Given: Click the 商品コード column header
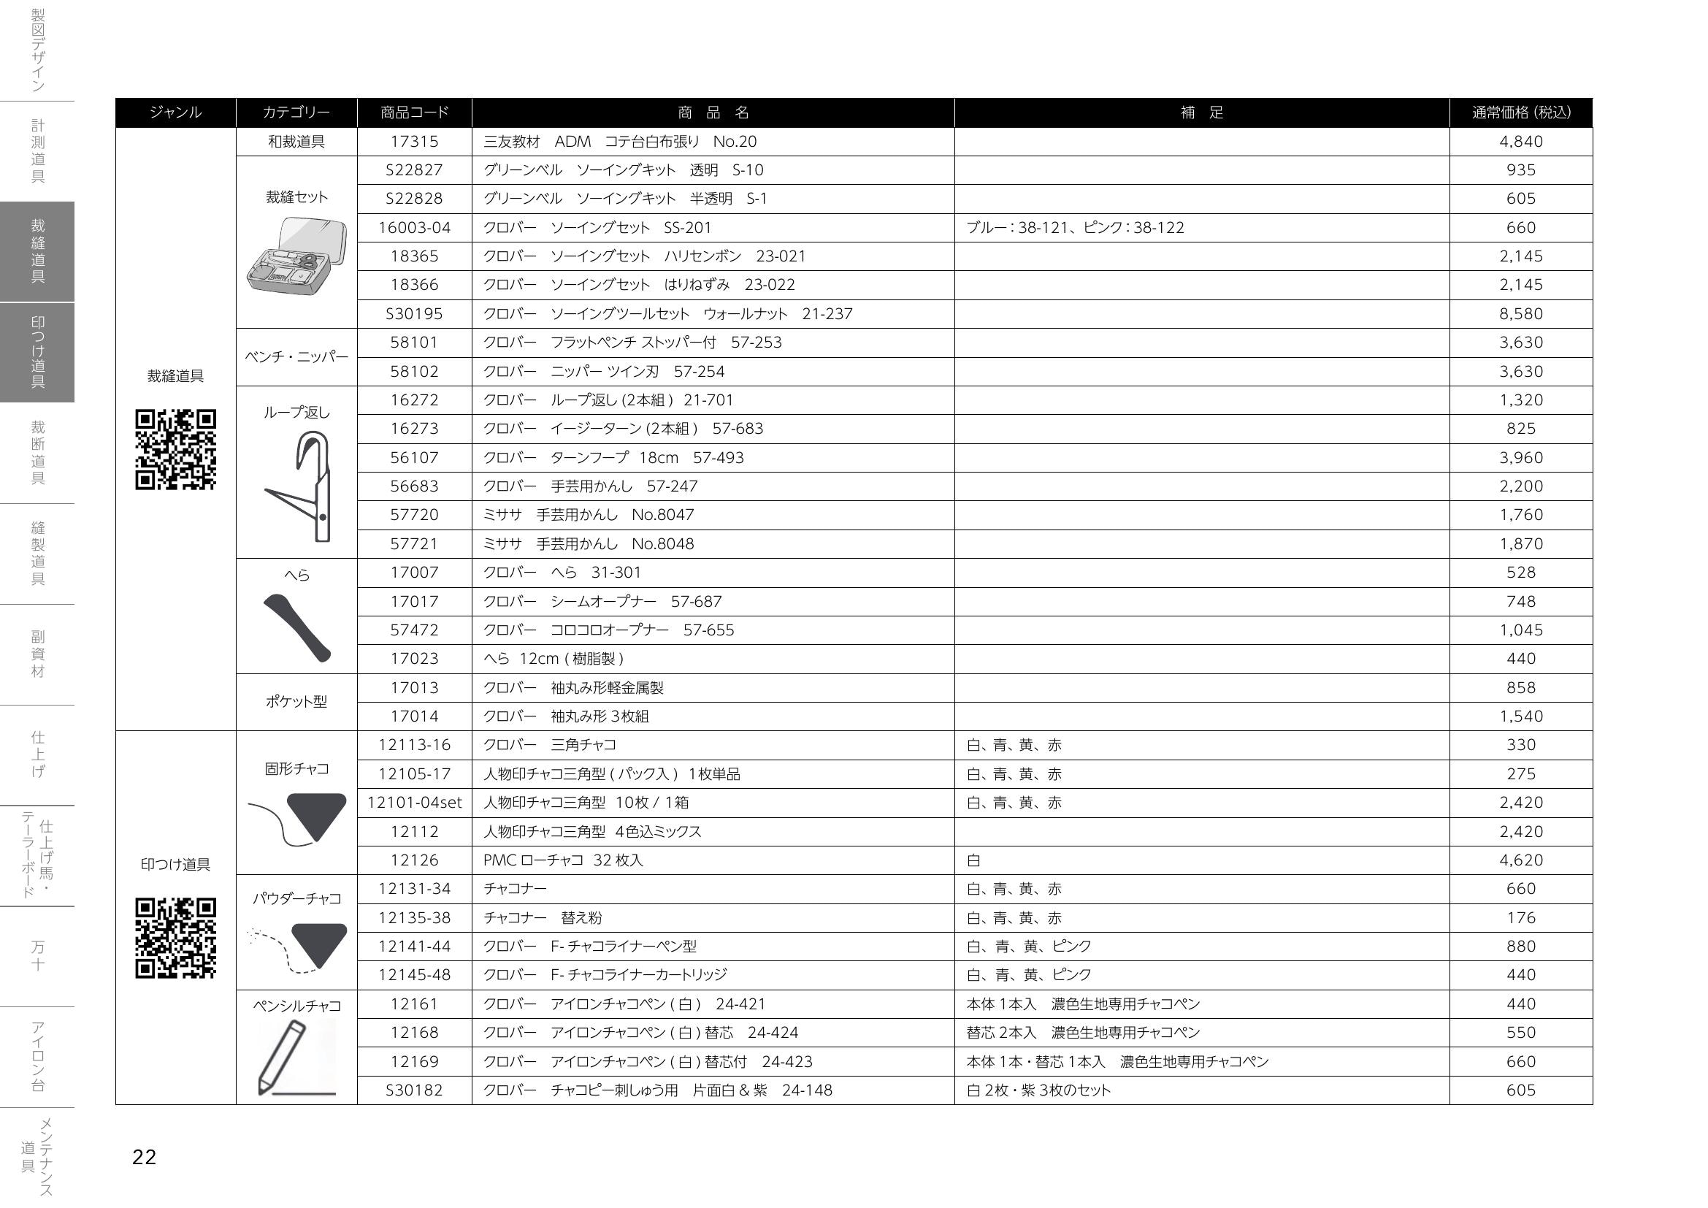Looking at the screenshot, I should pos(414,112).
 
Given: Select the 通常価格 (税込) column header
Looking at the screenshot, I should pos(1520,112).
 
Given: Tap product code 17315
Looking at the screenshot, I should pos(414,142).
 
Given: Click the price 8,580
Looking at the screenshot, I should pos(1520,314).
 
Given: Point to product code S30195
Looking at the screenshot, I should pos(414,314).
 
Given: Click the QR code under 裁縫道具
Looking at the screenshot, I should pos(175,449).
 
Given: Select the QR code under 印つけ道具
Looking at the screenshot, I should pos(175,938).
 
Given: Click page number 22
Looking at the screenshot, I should pos(145,1157).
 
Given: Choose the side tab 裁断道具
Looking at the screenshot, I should pos(37,452).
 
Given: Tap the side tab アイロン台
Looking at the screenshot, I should pos(37,1056).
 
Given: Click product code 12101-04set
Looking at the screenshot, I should pos(414,803).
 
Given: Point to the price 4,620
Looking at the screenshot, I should pos(1520,860).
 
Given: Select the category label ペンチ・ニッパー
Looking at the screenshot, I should pos(296,357).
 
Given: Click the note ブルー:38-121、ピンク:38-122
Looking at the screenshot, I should pos(1075,228).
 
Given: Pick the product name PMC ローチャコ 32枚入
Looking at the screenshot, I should pos(563,860).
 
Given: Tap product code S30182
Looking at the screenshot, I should pos(414,1090).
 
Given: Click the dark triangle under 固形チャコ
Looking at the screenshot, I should pos(317,814).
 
